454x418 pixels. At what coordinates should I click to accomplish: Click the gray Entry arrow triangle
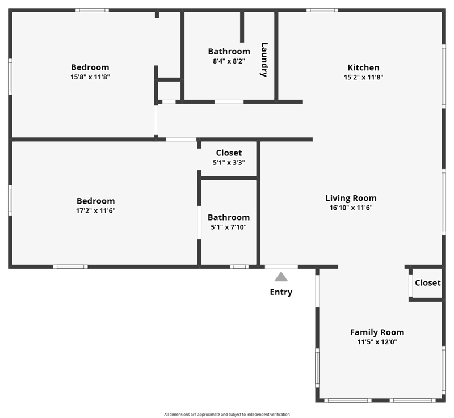click(281, 277)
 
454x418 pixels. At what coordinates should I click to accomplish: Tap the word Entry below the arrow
click(281, 292)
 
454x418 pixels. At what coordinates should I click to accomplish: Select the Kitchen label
click(363, 67)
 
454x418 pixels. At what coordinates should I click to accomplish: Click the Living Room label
click(351, 198)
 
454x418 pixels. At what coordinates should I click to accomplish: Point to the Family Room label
click(377, 332)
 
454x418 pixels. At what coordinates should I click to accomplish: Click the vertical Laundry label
click(264, 60)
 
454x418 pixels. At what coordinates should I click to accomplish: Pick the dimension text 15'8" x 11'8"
click(90, 77)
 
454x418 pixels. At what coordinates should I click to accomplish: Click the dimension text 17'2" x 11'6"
click(95, 210)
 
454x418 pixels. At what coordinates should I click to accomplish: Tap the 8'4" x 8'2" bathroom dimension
click(229, 61)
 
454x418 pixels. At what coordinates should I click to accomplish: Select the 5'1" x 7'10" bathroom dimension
click(229, 227)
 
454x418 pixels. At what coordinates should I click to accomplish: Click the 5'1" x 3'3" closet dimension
click(229, 163)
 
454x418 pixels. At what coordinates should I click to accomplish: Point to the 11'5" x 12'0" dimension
click(377, 342)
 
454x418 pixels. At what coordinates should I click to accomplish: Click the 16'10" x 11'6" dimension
click(351, 208)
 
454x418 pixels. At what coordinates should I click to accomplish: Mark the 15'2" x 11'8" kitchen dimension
click(363, 77)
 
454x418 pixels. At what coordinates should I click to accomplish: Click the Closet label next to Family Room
click(428, 282)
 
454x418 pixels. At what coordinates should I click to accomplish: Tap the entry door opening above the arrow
click(281, 267)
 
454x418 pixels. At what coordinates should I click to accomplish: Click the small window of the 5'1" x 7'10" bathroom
click(239, 267)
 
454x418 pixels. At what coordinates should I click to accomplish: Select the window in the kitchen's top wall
click(322, 10)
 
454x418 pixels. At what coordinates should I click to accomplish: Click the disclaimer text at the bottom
click(226, 414)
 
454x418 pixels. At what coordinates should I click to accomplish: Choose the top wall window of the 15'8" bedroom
click(92, 10)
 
